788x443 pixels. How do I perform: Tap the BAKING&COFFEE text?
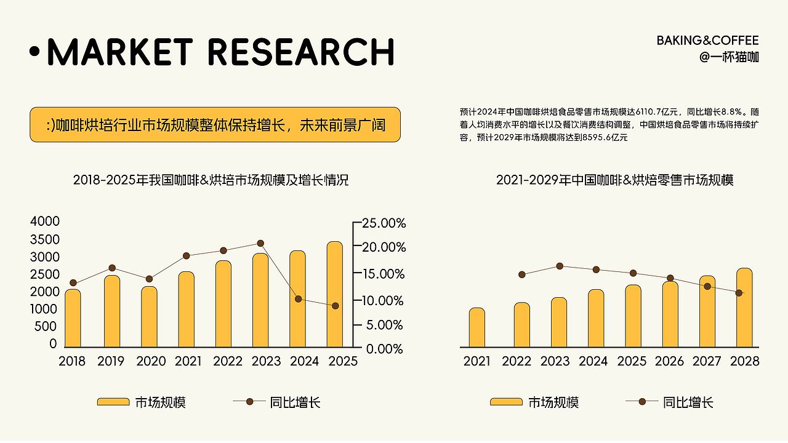[707, 41]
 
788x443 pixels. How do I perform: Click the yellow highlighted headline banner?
[215, 125]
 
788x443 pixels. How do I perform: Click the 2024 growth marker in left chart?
[299, 299]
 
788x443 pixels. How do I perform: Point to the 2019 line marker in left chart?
[112, 268]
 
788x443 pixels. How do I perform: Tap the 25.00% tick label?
[382, 223]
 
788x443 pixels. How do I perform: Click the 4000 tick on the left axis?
[45, 221]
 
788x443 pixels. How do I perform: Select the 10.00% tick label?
[382, 300]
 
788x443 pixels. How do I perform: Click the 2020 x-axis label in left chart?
[151, 361]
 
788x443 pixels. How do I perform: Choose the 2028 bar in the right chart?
[744, 307]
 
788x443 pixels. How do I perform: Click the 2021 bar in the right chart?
[477, 327]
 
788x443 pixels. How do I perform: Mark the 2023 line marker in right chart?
[560, 266]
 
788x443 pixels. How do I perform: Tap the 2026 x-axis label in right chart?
[669, 361]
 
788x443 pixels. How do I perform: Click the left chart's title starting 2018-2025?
[211, 181]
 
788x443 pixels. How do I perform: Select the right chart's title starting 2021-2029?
[615, 181]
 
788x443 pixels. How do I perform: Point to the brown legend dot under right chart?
[643, 402]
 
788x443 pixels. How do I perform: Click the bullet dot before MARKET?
[34, 52]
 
